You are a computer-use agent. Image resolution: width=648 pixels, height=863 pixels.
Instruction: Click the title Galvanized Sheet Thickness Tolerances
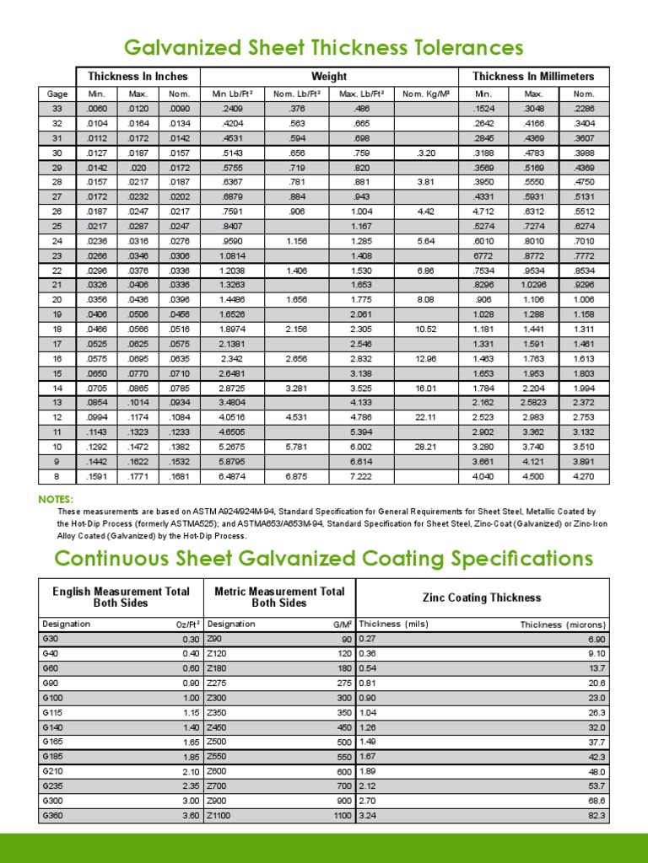[x=324, y=47]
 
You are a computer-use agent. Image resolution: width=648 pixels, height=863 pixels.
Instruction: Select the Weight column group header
[x=329, y=77]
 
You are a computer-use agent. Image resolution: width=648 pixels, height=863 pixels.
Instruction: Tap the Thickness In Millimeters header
[x=533, y=77]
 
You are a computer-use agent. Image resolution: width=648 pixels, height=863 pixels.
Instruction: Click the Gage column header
[x=57, y=94]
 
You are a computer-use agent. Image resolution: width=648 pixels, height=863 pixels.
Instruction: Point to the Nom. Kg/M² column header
[x=425, y=94]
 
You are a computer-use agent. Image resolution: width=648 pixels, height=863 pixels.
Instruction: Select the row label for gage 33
[x=57, y=109]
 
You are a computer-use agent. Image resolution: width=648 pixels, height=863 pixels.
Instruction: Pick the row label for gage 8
[x=57, y=476]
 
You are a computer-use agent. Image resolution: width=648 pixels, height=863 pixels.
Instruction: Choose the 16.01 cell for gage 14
[x=425, y=385]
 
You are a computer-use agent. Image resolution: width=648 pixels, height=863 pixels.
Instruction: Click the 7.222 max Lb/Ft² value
[x=361, y=476]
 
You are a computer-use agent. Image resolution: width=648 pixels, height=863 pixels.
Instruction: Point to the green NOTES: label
[x=56, y=500]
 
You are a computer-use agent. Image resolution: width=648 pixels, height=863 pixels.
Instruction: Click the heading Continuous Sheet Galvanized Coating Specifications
[x=324, y=559]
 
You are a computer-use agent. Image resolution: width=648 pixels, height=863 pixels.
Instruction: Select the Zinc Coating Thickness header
[x=482, y=598]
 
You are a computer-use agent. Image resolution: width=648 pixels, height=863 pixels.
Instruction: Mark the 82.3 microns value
[x=596, y=817]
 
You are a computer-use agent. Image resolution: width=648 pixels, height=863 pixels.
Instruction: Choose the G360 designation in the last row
[x=54, y=817]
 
